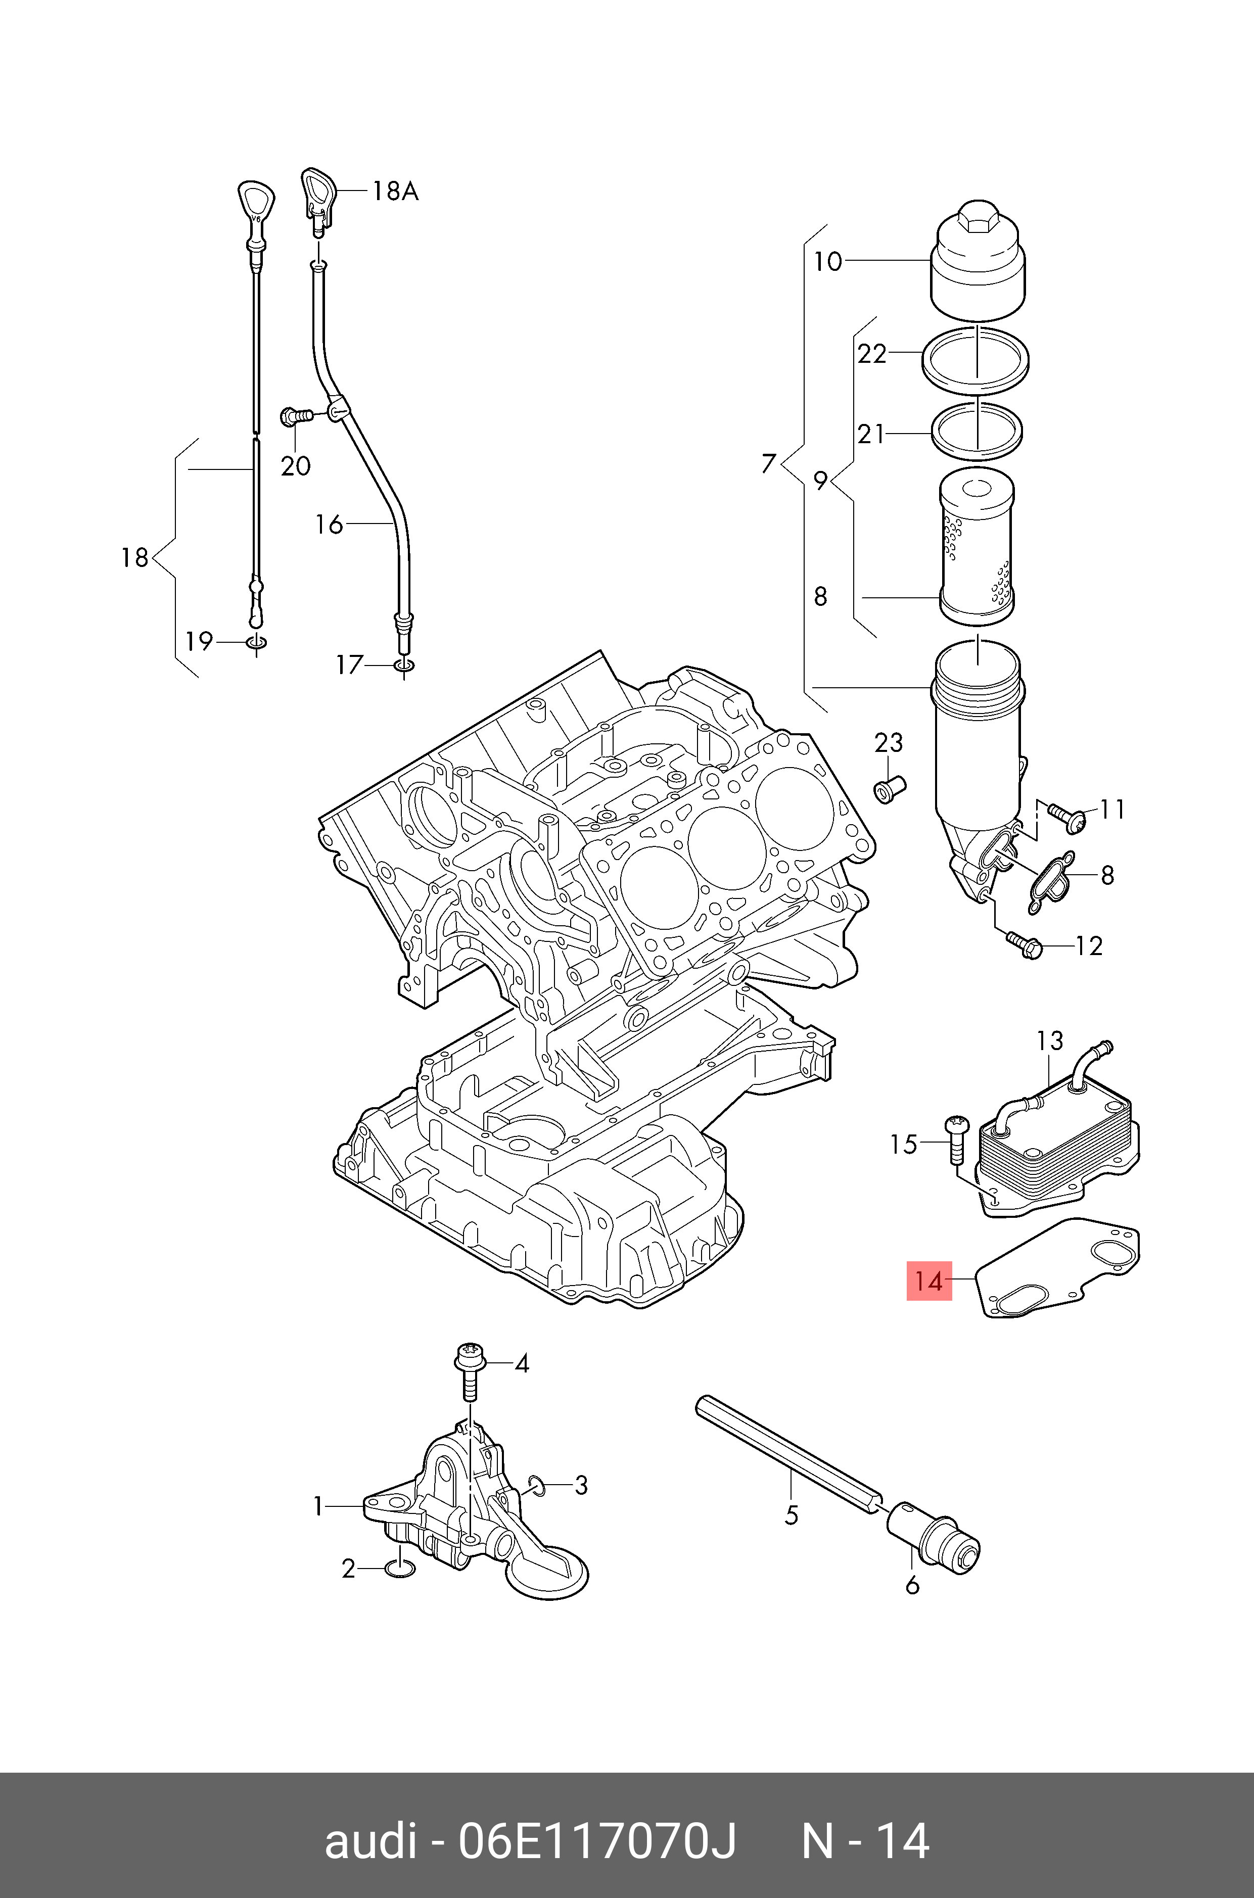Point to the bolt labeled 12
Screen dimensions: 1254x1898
click(x=1023, y=944)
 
